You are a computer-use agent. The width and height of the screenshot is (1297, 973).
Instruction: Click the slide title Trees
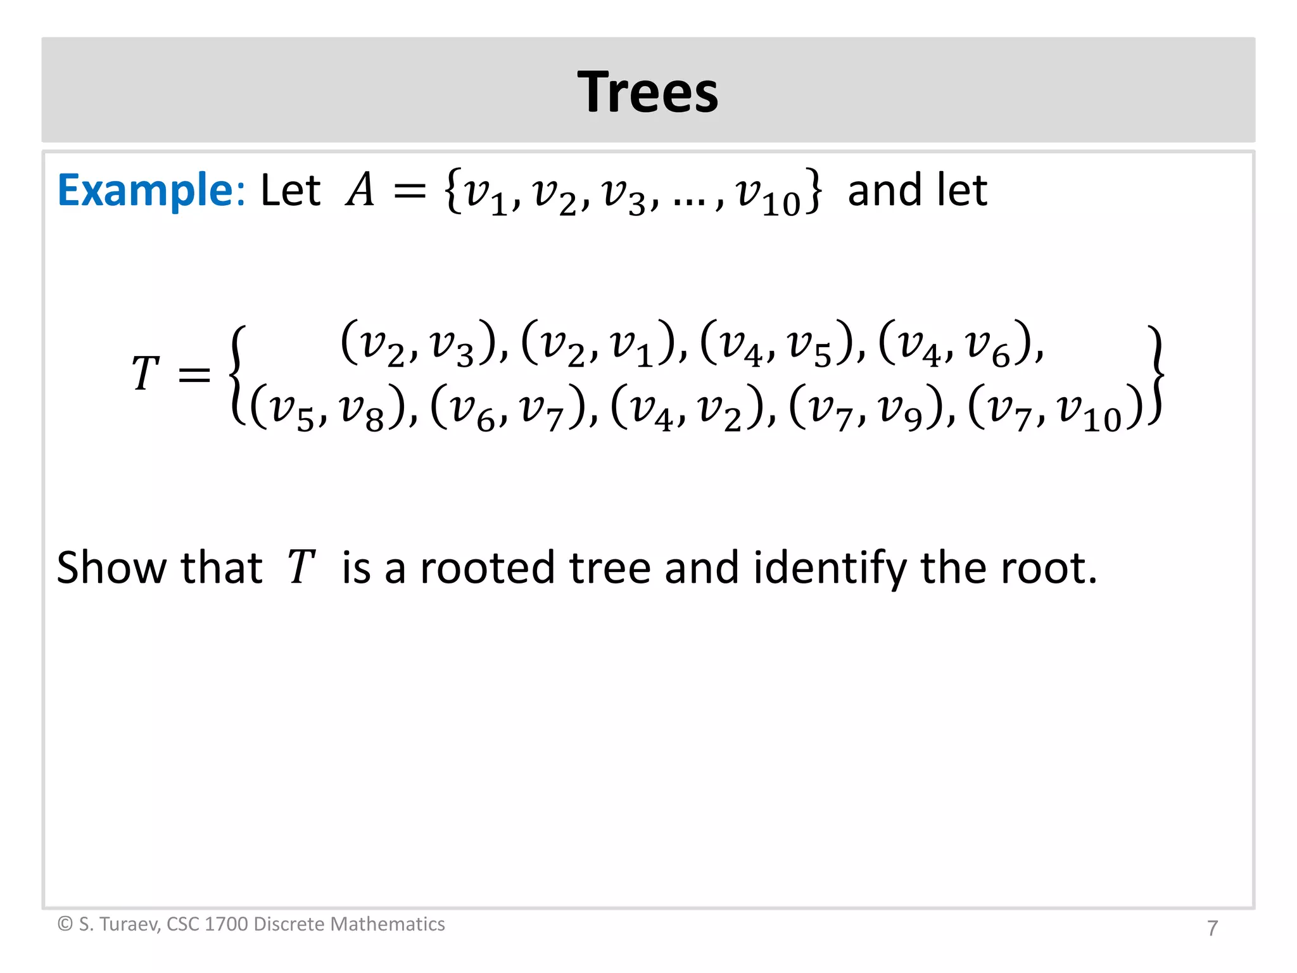tap(648, 92)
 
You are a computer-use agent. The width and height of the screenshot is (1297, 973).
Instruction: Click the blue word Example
tap(146, 190)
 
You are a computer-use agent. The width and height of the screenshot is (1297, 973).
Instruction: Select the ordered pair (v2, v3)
tap(417, 344)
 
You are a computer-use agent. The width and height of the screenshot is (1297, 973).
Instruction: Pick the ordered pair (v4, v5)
tap(776, 344)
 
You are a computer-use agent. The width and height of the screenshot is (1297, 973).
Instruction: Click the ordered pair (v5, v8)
tap(327, 409)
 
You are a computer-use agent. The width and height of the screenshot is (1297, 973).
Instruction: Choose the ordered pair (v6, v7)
tap(507, 409)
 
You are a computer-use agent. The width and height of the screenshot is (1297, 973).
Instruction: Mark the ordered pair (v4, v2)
tap(686, 409)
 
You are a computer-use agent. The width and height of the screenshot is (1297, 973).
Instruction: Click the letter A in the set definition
tap(360, 190)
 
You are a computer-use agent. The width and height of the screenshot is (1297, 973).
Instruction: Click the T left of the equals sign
tap(144, 374)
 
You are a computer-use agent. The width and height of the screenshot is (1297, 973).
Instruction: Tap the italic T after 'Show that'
tap(301, 567)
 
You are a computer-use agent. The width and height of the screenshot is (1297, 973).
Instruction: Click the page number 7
tap(1212, 928)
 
